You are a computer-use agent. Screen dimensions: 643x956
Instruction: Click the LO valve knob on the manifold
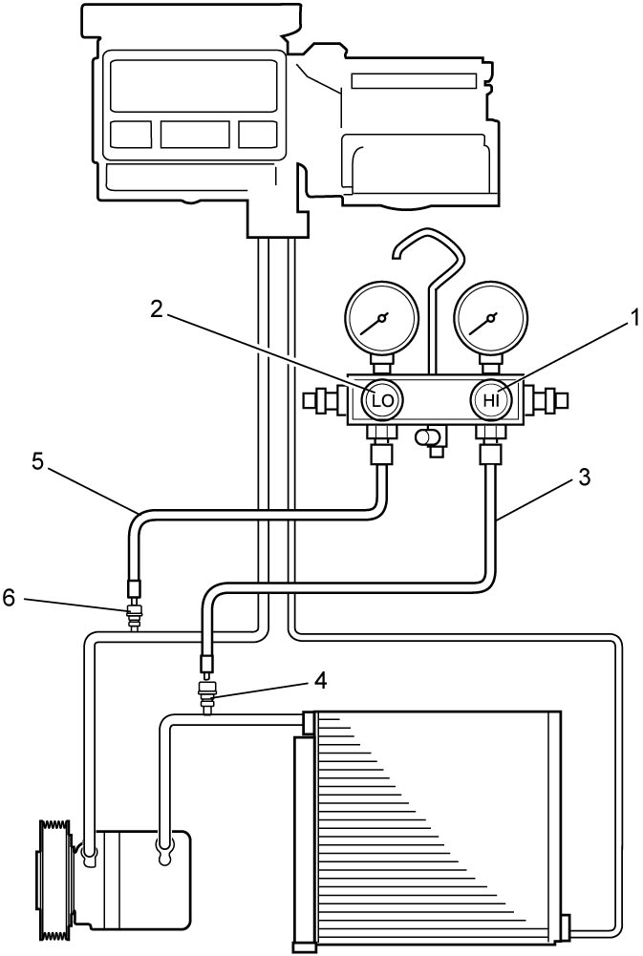click(x=382, y=400)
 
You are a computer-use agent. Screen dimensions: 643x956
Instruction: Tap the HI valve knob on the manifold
click(x=491, y=400)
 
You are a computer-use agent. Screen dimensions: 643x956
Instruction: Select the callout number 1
click(x=634, y=318)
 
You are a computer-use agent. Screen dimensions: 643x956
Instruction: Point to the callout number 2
click(x=157, y=309)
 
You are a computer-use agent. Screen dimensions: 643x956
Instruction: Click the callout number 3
click(x=584, y=478)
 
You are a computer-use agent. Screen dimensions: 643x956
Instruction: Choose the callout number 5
click(x=37, y=462)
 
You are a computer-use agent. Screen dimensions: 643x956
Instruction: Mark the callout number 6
click(x=11, y=598)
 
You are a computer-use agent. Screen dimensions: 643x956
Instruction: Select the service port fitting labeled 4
click(x=208, y=696)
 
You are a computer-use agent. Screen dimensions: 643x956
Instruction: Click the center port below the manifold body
click(x=430, y=440)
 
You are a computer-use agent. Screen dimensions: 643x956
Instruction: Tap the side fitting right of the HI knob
click(x=547, y=400)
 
